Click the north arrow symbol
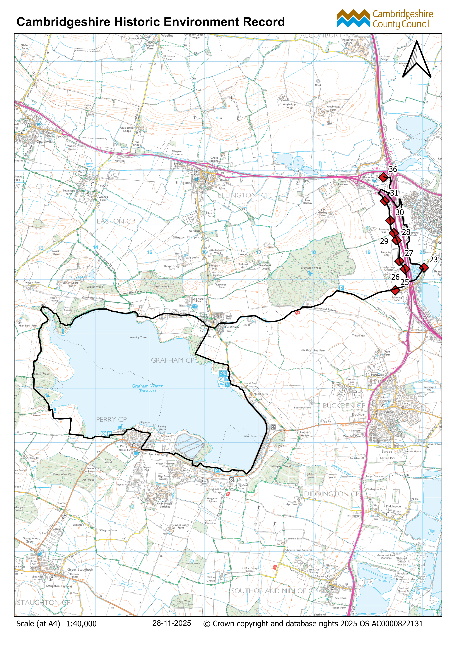coord(417,60)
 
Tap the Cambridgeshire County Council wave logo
coord(353,19)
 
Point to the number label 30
coord(400,213)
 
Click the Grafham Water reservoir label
coord(147,386)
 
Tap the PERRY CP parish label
coord(111,420)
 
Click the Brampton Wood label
coord(311,268)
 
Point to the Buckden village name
coord(359,414)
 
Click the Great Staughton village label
coord(80,570)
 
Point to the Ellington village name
coord(183,183)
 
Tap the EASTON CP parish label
coord(116,221)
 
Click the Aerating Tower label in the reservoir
coord(139,337)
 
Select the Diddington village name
coord(393,506)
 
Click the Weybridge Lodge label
coord(289,106)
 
